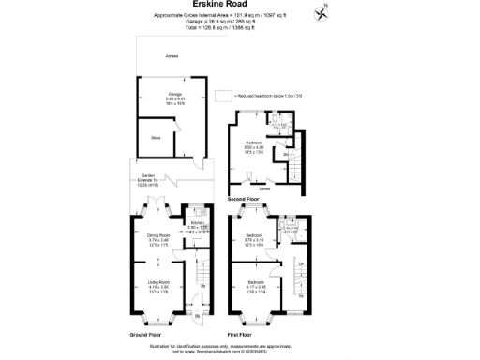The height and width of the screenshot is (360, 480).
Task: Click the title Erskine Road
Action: (239, 6)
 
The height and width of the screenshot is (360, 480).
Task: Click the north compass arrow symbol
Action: (324, 11)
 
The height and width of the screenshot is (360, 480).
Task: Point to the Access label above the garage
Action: (172, 56)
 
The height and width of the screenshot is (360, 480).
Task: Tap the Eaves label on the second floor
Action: (265, 187)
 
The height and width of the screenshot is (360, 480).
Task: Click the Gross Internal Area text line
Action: (239, 16)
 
